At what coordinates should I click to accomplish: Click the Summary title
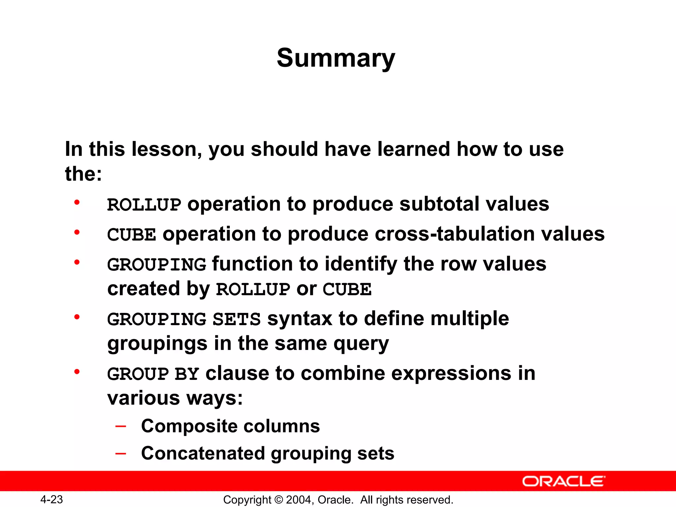point(336,58)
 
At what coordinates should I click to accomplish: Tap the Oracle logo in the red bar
point(563,481)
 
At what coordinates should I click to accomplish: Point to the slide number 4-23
point(51,499)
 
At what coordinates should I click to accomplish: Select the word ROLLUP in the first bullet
point(144,205)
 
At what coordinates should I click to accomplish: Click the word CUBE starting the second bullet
point(131,235)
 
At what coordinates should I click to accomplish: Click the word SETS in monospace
point(237,320)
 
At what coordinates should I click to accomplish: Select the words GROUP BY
point(153,374)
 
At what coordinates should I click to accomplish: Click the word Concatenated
point(203,454)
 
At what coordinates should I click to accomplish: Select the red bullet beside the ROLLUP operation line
point(77,202)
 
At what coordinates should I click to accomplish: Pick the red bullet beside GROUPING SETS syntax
point(77,317)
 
